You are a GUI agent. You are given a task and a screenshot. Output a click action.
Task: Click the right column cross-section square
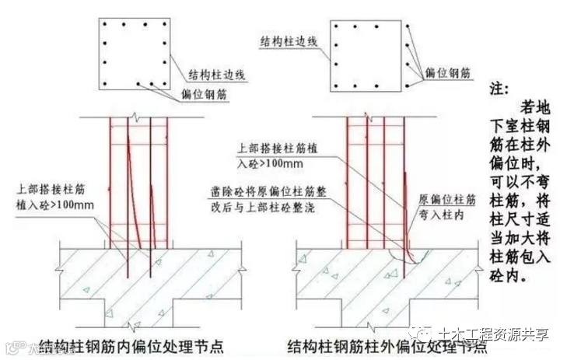pyautogui.click(x=369, y=55)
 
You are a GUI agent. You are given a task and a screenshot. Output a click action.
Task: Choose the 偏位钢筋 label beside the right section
pyautogui.click(x=448, y=72)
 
